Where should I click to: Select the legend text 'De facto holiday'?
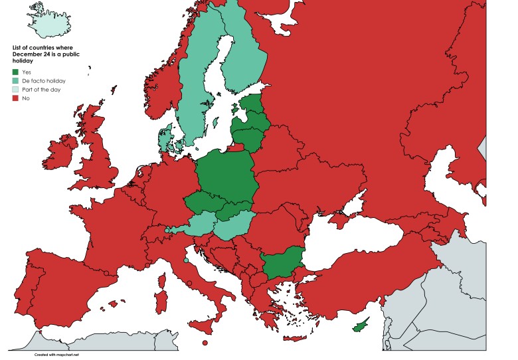pyautogui.click(x=44, y=80)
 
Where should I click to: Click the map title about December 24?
pyautogui.click(x=43, y=54)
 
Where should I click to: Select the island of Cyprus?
pyautogui.click(x=359, y=325)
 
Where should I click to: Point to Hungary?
pyautogui.click(x=233, y=225)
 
